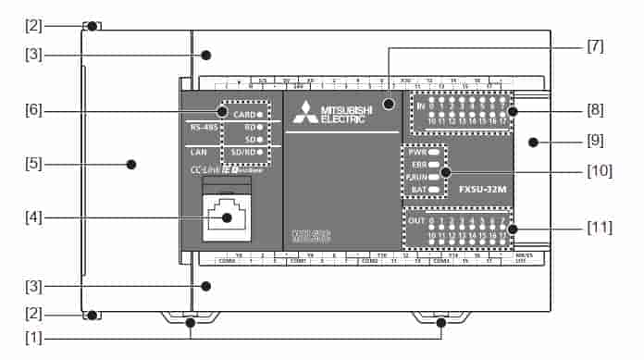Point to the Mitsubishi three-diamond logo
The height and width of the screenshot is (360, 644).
304,115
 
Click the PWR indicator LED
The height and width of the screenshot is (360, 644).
434,151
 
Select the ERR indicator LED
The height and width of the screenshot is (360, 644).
434,164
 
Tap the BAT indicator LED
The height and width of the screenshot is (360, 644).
434,190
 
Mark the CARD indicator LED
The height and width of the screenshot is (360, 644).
261,115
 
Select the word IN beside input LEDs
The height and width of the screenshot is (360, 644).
420,107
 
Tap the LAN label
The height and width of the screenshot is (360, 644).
198,150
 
